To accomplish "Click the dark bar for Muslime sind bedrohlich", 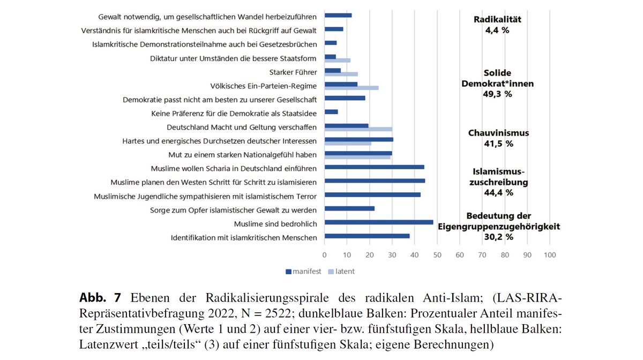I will [x=379, y=222].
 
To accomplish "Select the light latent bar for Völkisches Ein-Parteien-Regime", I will [x=352, y=88].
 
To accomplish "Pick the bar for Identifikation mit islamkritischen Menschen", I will [x=367, y=236].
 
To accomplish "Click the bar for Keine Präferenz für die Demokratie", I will [x=331, y=112].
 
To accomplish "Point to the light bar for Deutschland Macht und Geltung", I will [x=358, y=129].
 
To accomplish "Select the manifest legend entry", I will [x=303, y=272].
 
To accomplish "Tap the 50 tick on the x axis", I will [x=437, y=256].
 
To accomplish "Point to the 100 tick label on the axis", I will [x=549, y=256].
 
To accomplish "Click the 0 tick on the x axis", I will [x=325, y=256].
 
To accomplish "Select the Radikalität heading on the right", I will [x=497, y=20].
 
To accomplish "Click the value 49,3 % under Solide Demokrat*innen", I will [x=497, y=94].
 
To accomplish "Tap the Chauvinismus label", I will [x=498, y=133].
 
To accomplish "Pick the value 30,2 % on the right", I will [x=498, y=236].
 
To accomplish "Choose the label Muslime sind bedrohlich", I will [x=275, y=223].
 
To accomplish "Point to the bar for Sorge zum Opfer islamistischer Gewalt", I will [x=349, y=208].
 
